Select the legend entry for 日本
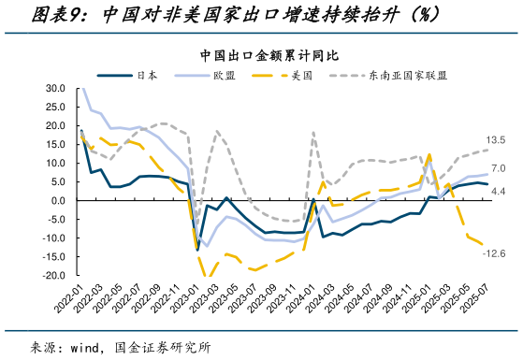click(146, 74)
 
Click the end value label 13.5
click(496, 140)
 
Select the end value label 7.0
click(498, 168)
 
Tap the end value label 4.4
click(498, 192)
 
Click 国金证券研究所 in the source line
click(165, 347)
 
